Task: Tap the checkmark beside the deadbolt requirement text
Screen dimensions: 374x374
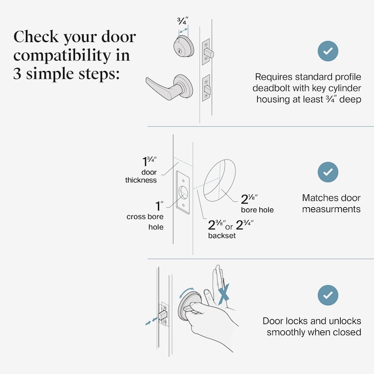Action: coord(327,51)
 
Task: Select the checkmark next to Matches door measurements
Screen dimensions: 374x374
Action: coord(327,172)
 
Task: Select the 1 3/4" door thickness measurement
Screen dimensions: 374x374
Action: coord(148,162)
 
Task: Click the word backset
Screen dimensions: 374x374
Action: coord(221,235)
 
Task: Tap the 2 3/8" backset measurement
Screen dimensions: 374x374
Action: coord(216,226)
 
